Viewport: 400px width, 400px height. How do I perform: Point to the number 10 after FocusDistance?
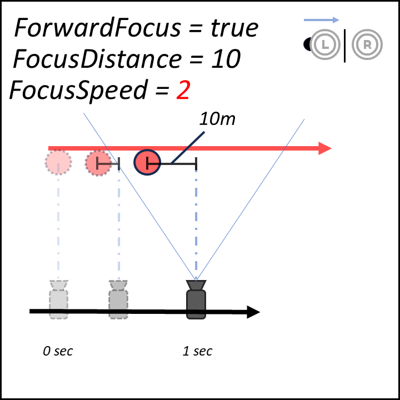tap(226, 58)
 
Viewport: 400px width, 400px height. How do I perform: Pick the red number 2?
tap(183, 90)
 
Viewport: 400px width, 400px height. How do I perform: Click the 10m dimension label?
tap(217, 118)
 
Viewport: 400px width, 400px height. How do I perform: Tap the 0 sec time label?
tap(58, 351)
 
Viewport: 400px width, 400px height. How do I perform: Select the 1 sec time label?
tap(197, 351)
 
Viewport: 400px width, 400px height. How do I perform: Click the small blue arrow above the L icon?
tap(322, 20)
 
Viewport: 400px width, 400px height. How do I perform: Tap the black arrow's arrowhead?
tap(253, 312)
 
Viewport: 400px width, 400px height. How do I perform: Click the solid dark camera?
tap(196, 303)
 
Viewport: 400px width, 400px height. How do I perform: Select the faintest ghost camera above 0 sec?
tap(58, 303)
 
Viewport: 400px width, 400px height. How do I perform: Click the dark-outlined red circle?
tap(147, 162)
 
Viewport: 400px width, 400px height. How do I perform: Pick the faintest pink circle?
tap(58, 162)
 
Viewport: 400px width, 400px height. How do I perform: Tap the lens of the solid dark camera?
tap(196, 285)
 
